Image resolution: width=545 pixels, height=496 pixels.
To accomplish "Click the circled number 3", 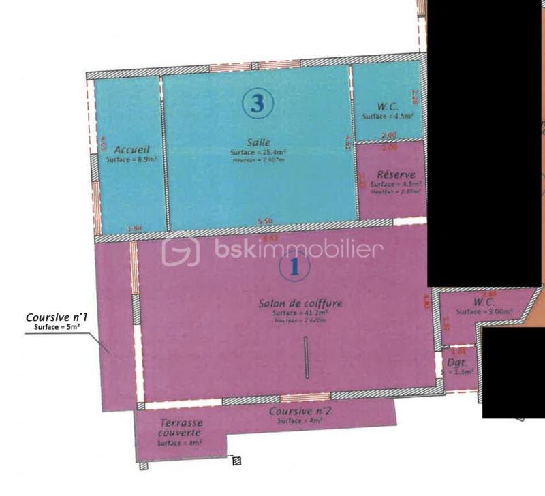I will point(257,104).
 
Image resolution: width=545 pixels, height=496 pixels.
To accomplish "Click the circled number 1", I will point(294,266).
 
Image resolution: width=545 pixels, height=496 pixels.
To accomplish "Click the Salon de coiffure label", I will point(300,303).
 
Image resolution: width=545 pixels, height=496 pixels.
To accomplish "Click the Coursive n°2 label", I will point(300,412).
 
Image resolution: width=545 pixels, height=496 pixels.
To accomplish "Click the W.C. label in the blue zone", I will point(388,107).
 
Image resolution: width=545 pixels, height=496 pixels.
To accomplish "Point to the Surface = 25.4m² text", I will point(258,152).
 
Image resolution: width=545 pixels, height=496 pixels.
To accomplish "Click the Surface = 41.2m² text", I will point(300,313).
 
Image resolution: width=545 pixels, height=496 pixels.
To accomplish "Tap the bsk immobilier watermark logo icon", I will point(180,249).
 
